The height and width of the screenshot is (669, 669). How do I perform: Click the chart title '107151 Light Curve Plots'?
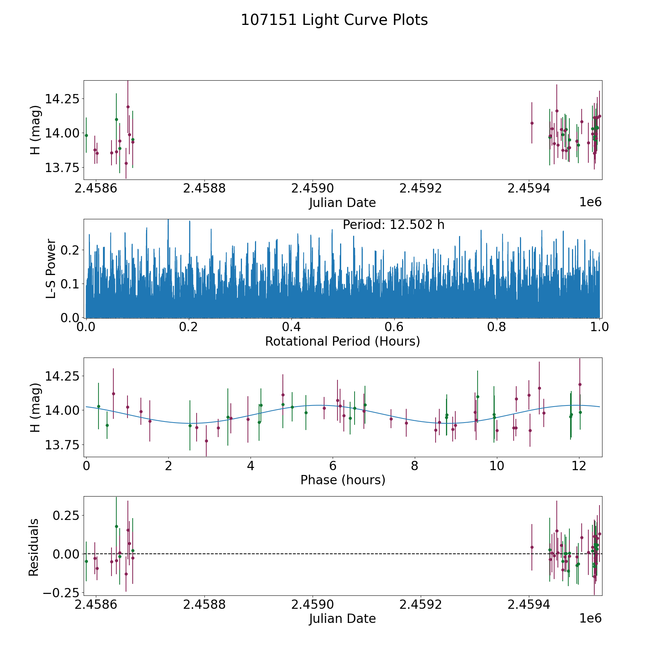[x=334, y=20]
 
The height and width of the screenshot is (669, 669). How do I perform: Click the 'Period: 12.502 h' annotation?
[x=393, y=225]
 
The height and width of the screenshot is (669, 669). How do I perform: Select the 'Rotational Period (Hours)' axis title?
[x=342, y=341]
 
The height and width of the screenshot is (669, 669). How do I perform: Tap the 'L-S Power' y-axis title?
[x=51, y=268]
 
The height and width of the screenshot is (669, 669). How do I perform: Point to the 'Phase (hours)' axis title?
[x=342, y=480]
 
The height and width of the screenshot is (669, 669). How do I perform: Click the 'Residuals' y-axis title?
[x=34, y=547]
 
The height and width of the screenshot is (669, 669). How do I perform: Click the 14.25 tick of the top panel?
[x=62, y=99]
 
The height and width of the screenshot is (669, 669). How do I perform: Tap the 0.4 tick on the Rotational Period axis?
[x=291, y=327]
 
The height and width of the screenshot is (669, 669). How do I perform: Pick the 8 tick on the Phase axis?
[x=414, y=466]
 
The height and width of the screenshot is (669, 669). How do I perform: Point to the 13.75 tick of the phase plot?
[x=62, y=445]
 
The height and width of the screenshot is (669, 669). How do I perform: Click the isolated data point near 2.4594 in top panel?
[x=531, y=123]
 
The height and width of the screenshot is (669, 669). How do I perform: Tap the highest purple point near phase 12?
[x=579, y=384]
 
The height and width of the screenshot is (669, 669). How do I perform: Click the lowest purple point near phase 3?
[x=206, y=441]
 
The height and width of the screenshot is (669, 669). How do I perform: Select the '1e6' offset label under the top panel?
[x=590, y=202]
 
